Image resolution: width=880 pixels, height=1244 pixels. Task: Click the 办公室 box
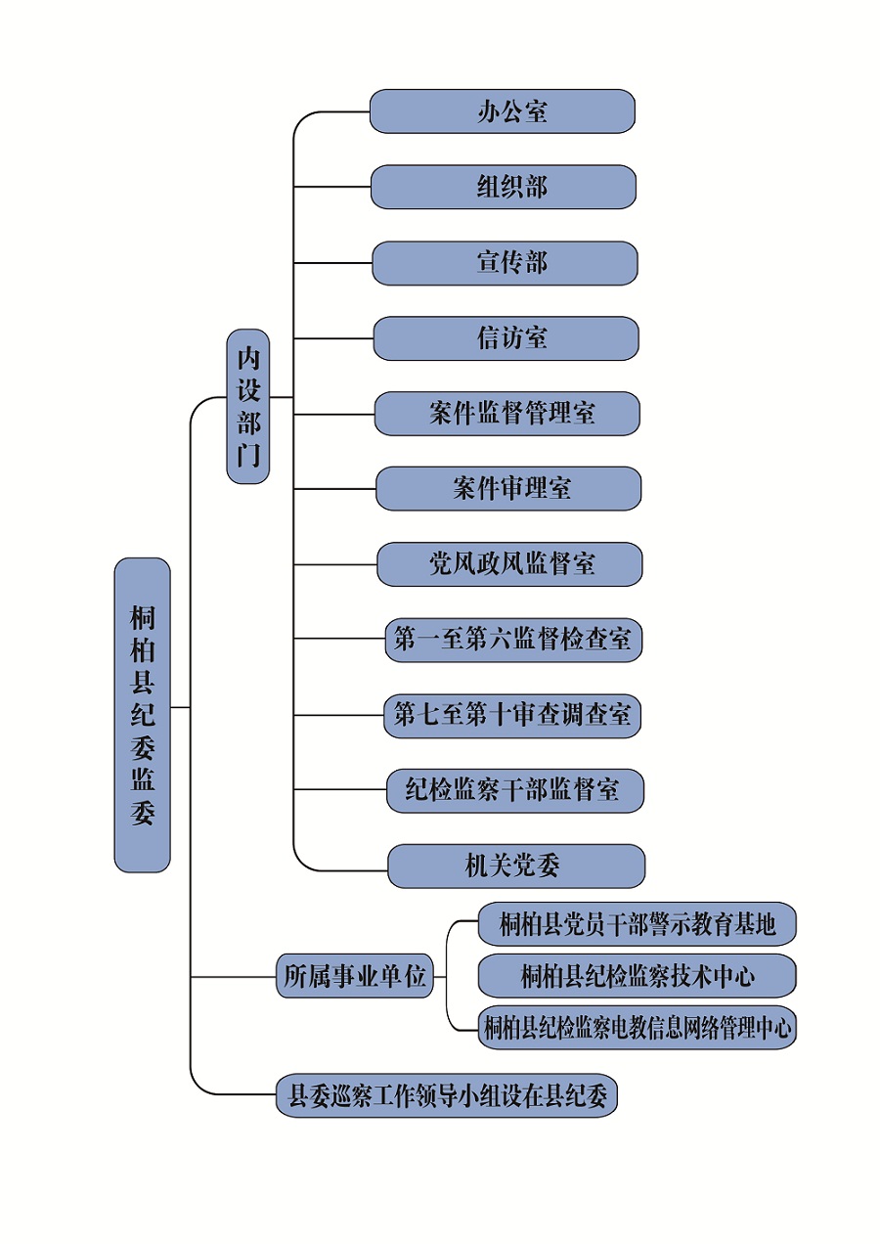coord(503,111)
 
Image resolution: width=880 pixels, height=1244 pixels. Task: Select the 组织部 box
coord(504,187)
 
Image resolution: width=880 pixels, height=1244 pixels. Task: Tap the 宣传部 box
coord(505,263)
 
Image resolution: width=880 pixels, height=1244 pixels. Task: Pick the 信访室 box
coord(506,338)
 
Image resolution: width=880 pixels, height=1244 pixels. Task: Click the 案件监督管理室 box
coord(506,414)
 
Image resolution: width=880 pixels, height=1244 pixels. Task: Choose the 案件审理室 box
coord(508,488)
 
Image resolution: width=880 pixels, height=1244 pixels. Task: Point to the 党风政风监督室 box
coord(509,564)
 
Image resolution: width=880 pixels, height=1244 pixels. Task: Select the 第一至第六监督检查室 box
coord(513,641)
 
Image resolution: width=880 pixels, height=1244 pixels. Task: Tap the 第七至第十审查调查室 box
coord(513,715)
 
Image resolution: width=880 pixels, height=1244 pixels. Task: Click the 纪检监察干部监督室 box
coord(515,790)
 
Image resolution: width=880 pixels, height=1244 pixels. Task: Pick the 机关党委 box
coord(516,866)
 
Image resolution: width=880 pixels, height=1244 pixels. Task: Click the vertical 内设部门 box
coord(248,406)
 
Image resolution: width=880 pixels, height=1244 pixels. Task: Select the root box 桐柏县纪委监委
coord(143,715)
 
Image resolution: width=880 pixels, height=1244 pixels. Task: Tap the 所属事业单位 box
coord(355,976)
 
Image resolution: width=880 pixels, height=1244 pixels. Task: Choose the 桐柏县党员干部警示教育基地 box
coord(637,924)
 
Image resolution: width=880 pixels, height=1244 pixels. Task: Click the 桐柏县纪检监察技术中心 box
coord(637,976)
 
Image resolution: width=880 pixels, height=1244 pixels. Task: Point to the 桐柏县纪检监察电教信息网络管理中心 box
coord(637,1028)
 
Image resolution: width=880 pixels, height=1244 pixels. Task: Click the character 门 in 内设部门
coord(248,455)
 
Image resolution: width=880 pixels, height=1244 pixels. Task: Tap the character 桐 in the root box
coord(143,618)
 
